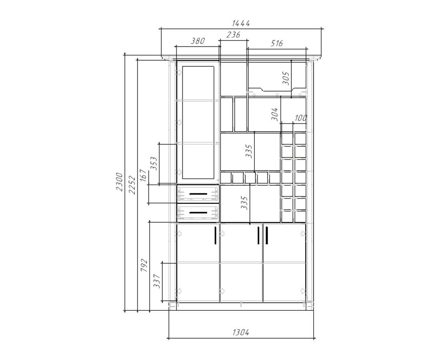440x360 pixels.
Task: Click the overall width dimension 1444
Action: [241, 23]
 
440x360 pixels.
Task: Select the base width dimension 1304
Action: [241, 332]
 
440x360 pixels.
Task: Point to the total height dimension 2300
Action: [120, 182]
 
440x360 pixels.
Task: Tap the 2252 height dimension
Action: [132, 185]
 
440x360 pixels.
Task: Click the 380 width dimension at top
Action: [198, 41]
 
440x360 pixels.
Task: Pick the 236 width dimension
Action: [233, 35]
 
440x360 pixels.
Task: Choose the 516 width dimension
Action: [277, 44]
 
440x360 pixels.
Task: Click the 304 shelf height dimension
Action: [275, 114]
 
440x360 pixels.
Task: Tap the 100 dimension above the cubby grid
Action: [300, 118]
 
